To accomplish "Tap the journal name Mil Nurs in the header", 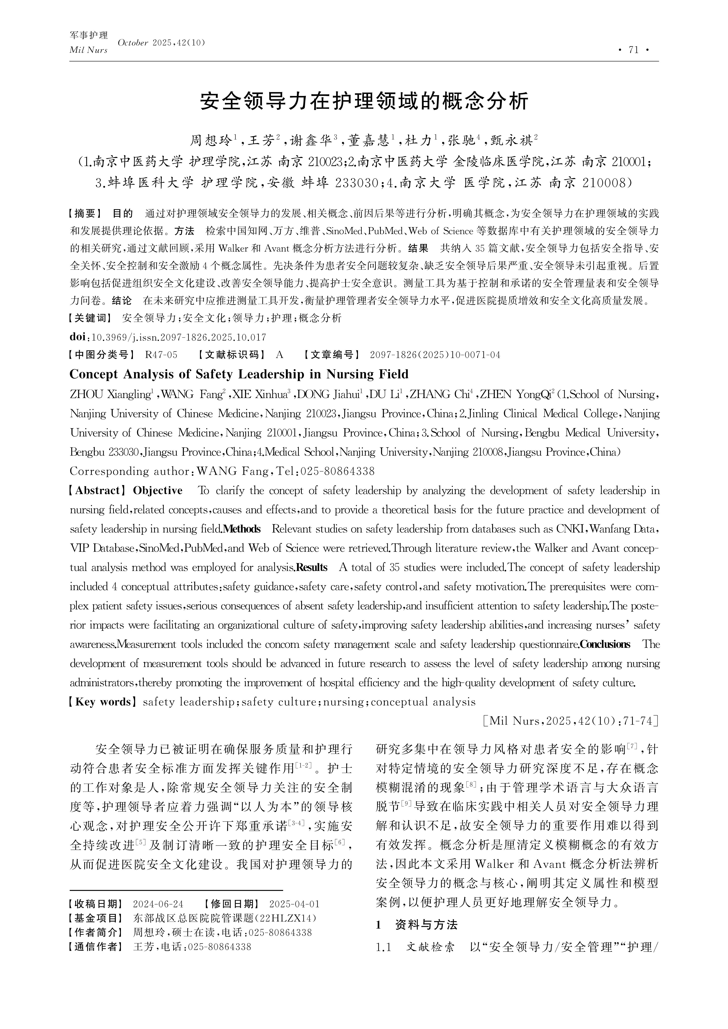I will coord(88,50).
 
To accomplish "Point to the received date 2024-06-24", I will coord(158,904).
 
